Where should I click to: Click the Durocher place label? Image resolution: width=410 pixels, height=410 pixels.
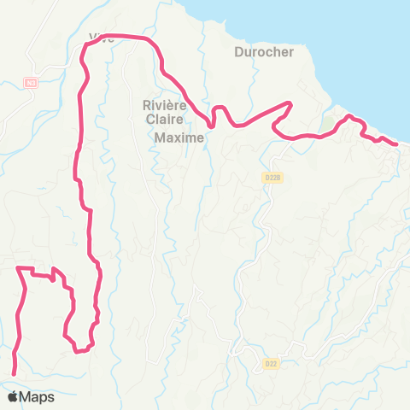point(263,52)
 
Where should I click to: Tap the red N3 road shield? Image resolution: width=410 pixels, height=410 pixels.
point(32,83)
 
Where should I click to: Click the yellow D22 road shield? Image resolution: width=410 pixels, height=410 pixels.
point(271,363)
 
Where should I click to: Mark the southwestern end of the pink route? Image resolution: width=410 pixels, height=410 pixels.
point(15,372)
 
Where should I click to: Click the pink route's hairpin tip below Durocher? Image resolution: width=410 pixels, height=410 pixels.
point(291,104)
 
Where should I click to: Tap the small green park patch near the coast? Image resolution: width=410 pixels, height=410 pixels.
point(327,126)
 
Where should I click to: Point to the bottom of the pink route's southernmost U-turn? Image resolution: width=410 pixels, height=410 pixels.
point(79,349)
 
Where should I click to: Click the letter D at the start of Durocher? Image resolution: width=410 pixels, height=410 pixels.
point(238,52)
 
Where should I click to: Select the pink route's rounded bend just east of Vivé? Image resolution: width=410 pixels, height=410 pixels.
point(154,43)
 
